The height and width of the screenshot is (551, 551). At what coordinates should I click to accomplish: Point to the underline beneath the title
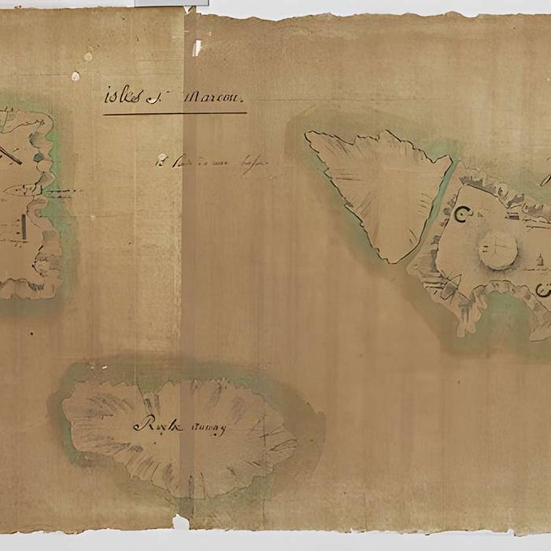174,114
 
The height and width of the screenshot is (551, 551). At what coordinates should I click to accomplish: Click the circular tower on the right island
498,250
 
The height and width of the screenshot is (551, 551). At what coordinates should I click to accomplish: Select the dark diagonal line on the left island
9,153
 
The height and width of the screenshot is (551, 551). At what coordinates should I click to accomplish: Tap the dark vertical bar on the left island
24,229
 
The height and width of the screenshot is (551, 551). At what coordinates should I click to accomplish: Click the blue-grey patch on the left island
38,157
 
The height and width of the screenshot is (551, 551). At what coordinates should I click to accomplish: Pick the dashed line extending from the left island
57,192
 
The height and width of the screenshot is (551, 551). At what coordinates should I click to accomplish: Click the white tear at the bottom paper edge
180,521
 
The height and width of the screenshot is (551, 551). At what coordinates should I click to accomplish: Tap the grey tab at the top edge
171,3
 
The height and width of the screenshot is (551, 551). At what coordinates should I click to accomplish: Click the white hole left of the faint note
161,158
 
